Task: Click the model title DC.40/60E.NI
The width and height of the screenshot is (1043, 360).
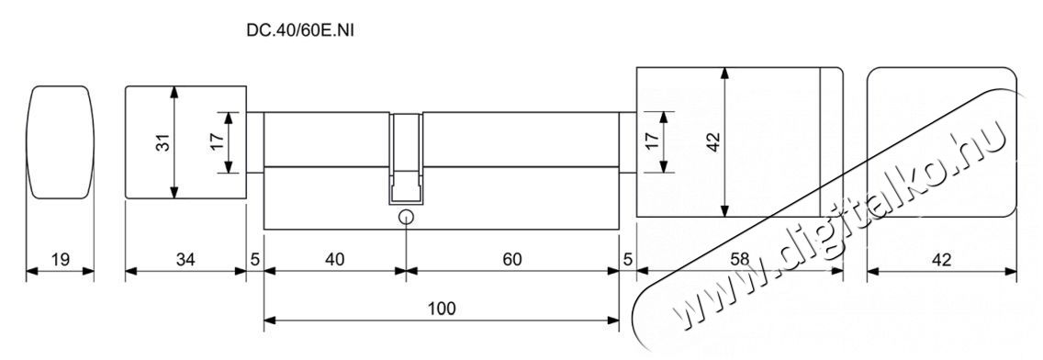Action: pyautogui.click(x=300, y=30)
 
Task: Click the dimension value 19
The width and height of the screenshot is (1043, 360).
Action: pyautogui.click(x=60, y=259)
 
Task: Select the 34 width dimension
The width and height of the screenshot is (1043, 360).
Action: pyautogui.click(x=185, y=259)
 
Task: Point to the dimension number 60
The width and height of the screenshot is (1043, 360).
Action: pyautogui.click(x=512, y=259)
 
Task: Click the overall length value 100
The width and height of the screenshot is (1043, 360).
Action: pyautogui.click(x=441, y=308)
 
